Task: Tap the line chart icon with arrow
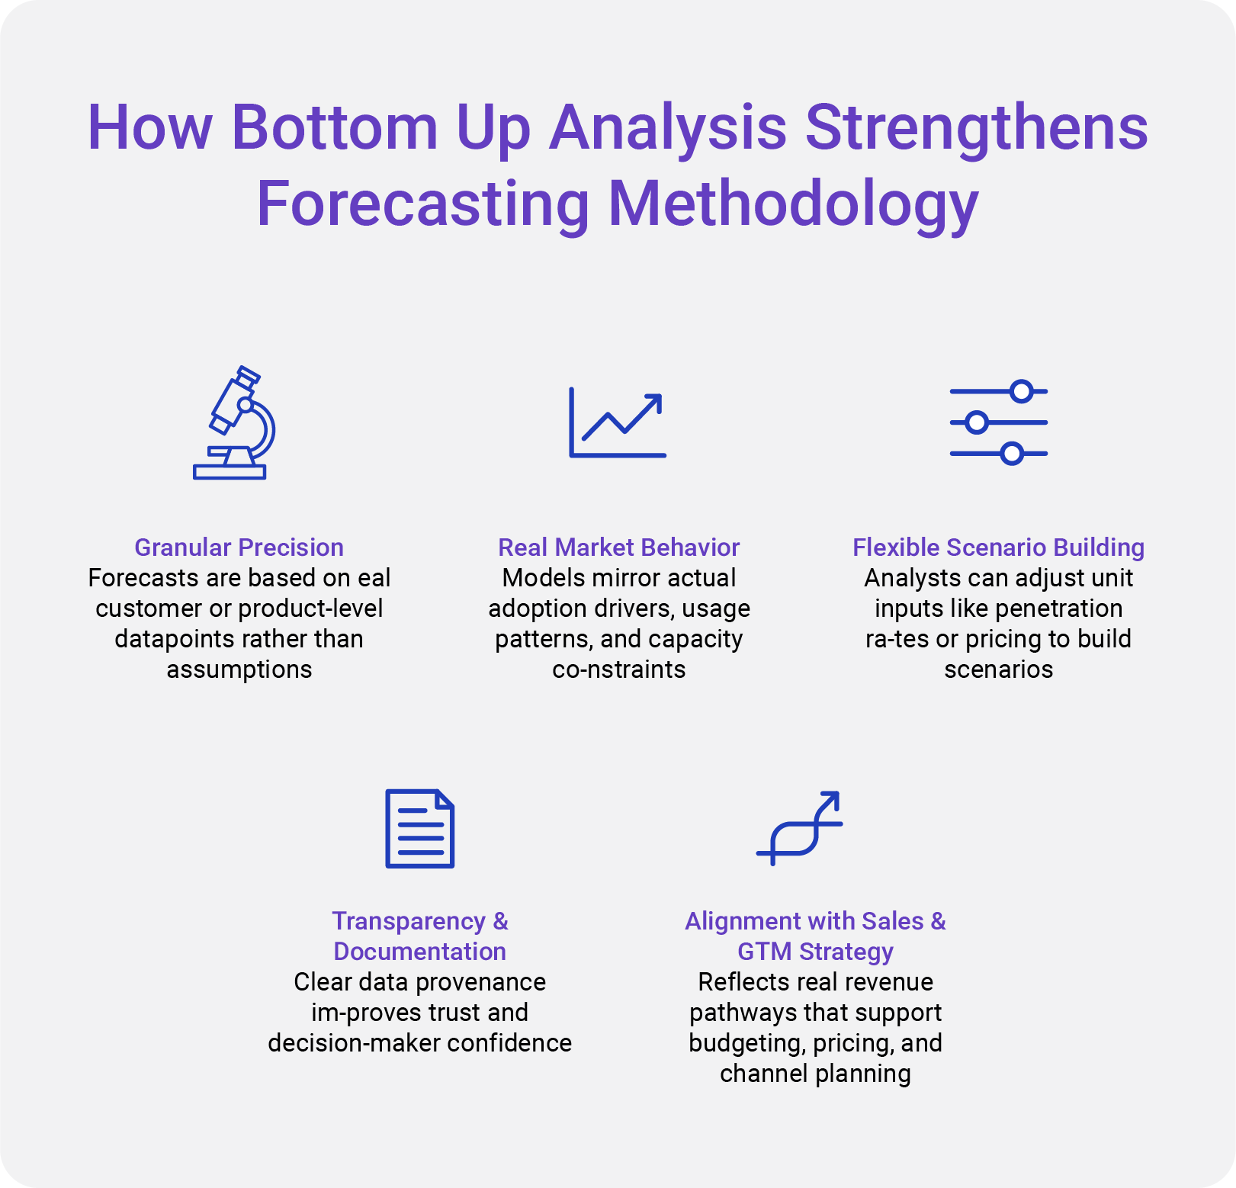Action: click(x=618, y=422)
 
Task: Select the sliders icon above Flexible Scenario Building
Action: click(x=998, y=422)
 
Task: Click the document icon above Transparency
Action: click(x=420, y=829)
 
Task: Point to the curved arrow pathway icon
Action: click(x=800, y=827)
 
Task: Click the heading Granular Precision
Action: click(x=239, y=547)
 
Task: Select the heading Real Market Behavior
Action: click(x=619, y=547)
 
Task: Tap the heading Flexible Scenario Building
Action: click(x=999, y=547)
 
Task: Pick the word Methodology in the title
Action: click(x=794, y=204)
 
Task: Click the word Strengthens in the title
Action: click(x=977, y=127)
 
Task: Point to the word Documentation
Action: click(x=420, y=952)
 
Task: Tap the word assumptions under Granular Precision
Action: click(x=239, y=669)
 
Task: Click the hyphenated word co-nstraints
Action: click(x=619, y=669)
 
